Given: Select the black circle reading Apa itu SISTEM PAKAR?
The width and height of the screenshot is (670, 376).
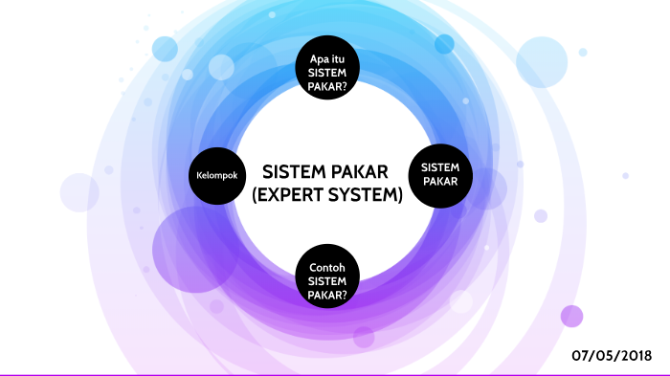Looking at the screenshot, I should tap(327, 72).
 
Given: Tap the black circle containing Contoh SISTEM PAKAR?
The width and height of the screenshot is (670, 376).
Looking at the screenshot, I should tap(327, 277).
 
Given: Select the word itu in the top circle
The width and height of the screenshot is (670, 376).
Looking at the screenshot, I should tap(338, 58).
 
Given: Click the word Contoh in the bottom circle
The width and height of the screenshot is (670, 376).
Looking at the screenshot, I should tap(327, 265).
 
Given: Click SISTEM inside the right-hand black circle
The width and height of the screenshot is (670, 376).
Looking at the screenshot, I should tap(440, 167).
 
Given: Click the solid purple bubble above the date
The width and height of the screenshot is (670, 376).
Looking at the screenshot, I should tap(571, 316).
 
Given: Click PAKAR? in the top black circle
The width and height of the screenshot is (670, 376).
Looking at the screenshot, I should tap(327, 86).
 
